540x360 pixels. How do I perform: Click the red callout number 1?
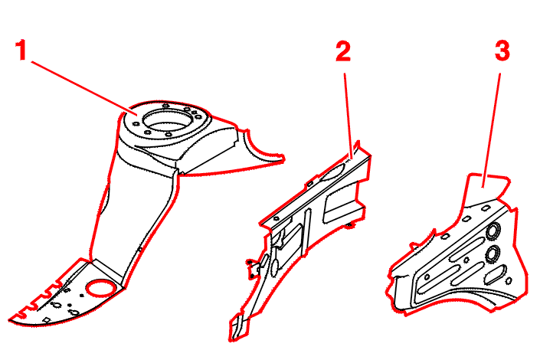point(21,50)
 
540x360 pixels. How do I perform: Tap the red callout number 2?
point(343,51)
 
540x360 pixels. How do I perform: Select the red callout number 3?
point(502,51)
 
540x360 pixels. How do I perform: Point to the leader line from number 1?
point(84,88)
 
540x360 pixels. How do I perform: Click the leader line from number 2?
point(348,116)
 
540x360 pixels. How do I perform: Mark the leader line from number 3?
point(492,130)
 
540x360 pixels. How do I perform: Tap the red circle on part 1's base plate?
point(101,287)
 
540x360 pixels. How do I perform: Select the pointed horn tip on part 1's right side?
point(283,159)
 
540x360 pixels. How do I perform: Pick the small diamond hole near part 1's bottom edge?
point(46,320)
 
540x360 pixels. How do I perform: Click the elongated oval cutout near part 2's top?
point(332,172)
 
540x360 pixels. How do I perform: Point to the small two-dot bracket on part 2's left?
point(252,269)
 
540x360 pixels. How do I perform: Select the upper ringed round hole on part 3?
point(493,231)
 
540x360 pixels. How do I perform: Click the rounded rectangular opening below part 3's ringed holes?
point(496,274)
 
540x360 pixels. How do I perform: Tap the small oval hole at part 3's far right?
point(509,281)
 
